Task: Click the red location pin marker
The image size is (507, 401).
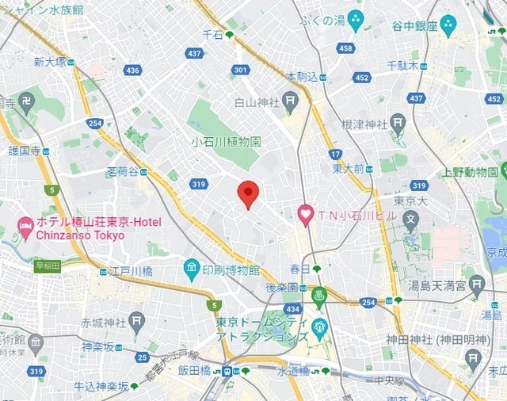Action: (x=249, y=193)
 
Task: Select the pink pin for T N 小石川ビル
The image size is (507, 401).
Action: (x=305, y=214)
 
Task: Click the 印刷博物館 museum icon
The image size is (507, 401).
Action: (x=192, y=269)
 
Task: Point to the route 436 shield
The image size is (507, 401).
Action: (x=132, y=71)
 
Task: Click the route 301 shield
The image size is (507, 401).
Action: (x=241, y=71)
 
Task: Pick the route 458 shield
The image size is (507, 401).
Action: (x=345, y=48)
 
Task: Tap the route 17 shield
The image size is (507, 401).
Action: (x=335, y=154)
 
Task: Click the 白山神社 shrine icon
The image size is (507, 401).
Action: (x=291, y=101)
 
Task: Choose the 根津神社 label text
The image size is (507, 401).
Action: (x=364, y=124)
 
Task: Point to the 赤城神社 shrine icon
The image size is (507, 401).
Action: (x=136, y=323)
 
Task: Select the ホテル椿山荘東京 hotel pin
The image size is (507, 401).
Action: (x=25, y=227)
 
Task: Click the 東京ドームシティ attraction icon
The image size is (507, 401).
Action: (x=319, y=327)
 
